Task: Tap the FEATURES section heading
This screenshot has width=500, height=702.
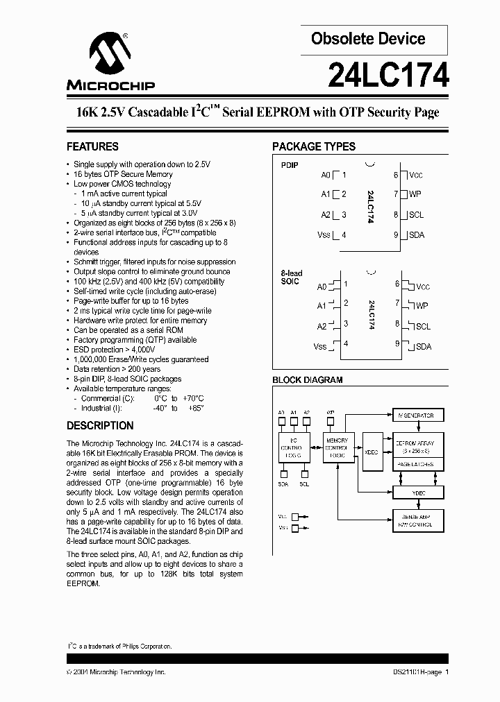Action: [x=92, y=146]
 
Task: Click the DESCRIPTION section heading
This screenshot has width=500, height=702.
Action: [x=100, y=425]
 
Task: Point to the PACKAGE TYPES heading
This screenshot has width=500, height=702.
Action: [x=313, y=146]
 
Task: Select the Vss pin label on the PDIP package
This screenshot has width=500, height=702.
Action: [x=324, y=234]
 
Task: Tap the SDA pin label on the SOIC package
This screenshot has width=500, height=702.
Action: [x=424, y=346]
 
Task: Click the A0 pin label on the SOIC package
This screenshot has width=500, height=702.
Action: [x=322, y=286]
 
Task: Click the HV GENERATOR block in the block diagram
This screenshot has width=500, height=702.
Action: [x=415, y=416]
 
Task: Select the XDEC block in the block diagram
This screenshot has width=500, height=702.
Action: [x=372, y=451]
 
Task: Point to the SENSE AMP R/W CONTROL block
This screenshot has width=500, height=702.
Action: [x=415, y=521]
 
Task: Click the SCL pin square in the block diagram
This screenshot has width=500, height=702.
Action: [x=304, y=474]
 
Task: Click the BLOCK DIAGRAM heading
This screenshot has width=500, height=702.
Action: [x=307, y=380]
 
